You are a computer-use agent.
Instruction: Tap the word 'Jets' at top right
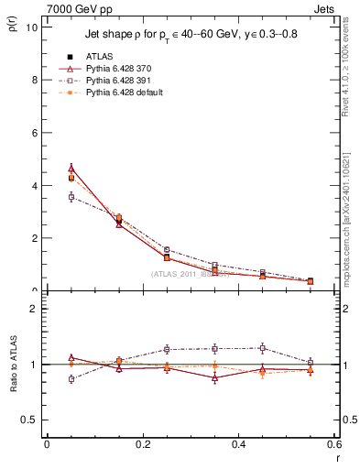(x=327, y=7)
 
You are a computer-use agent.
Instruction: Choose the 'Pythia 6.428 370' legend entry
(x=116, y=68)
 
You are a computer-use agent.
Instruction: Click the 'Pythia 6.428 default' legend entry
(x=122, y=93)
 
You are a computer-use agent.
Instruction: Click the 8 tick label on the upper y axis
(x=33, y=80)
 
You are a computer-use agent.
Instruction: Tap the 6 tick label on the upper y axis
(x=33, y=133)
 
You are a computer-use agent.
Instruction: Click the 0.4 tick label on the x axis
(x=238, y=444)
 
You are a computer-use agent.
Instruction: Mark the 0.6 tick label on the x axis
(x=333, y=444)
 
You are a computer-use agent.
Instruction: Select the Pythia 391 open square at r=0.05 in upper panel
(x=71, y=197)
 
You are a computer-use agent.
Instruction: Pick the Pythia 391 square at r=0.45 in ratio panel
(x=263, y=348)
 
